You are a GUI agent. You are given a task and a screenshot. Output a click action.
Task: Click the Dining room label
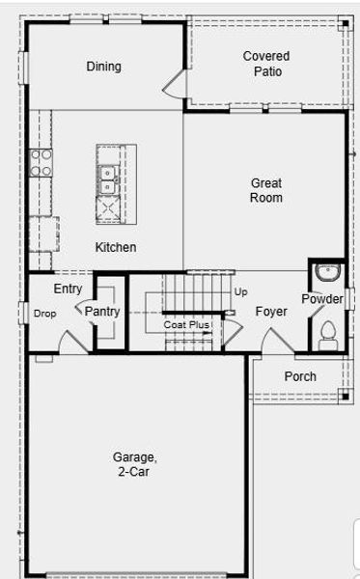103,67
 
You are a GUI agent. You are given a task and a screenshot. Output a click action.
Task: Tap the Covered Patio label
265,64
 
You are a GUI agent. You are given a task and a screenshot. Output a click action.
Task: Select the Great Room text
266,190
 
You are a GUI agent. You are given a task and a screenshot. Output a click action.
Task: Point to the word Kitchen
115,247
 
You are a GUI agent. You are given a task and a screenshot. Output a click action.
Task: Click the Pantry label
102,312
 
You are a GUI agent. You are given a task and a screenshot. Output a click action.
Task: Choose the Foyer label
270,312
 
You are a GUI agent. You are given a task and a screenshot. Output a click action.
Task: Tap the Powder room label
321,299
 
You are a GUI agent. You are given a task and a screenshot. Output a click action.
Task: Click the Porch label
299,376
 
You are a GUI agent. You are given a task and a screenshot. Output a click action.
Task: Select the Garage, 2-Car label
134,464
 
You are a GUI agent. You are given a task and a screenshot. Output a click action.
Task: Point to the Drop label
44,314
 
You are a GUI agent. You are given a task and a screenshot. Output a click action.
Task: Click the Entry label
68,289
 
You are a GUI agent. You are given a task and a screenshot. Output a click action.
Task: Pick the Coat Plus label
186,325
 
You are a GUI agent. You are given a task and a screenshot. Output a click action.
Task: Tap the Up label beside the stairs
240,290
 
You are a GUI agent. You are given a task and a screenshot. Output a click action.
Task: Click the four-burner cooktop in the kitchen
41,162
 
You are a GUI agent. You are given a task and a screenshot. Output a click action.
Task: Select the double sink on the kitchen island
107,176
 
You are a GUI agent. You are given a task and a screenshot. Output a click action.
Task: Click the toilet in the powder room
327,334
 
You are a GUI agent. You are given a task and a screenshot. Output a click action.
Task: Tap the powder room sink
327,270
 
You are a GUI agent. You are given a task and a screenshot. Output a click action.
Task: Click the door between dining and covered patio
175,84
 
